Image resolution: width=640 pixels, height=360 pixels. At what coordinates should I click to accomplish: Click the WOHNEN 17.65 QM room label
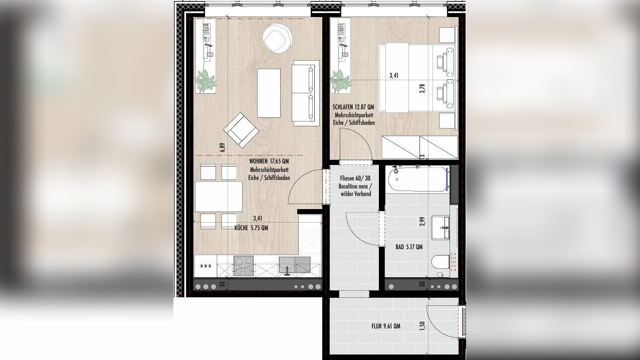[x=269, y=161]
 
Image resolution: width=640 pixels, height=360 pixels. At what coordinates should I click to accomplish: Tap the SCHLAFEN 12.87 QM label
[x=353, y=107]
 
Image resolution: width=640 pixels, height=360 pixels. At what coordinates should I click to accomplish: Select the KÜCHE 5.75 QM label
[x=251, y=228]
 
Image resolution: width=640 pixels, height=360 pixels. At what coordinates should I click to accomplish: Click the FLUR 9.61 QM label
[x=386, y=326]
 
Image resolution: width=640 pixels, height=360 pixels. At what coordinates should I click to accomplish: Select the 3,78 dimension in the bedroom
[x=422, y=88]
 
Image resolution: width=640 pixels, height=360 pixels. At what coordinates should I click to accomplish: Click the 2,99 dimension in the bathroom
[x=423, y=222]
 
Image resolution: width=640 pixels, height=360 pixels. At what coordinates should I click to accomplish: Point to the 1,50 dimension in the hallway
[x=423, y=326]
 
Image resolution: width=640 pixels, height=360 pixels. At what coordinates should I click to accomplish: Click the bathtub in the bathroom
[x=417, y=179]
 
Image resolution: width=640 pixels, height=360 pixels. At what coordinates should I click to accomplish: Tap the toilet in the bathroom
[x=441, y=262]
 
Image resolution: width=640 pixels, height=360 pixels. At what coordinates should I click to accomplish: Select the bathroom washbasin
[x=441, y=228]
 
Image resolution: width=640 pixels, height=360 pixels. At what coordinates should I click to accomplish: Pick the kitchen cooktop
[x=244, y=266]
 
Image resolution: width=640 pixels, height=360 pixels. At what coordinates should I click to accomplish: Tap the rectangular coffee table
[x=269, y=93]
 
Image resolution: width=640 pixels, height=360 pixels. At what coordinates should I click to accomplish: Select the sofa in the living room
[x=305, y=93]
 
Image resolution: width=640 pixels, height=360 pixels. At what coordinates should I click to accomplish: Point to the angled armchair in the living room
[x=242, y=130]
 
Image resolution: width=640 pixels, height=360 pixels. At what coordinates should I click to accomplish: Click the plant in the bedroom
[x=341, y=81]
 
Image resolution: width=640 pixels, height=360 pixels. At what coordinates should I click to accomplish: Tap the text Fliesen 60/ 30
[x=355, y=178]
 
